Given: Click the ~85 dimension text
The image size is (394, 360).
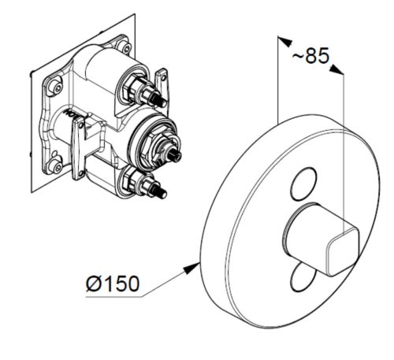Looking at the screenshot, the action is tap(310, 56).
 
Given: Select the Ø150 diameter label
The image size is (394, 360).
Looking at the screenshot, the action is tap(113, 284).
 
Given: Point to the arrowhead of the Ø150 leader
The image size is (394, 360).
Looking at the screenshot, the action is tap(191, 269).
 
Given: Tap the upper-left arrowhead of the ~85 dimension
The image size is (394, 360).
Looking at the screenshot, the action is tap(285, 42).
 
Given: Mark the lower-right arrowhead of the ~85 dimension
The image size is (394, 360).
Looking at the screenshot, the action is tap(336, 69).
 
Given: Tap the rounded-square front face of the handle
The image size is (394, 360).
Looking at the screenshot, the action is tap(342, 252).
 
